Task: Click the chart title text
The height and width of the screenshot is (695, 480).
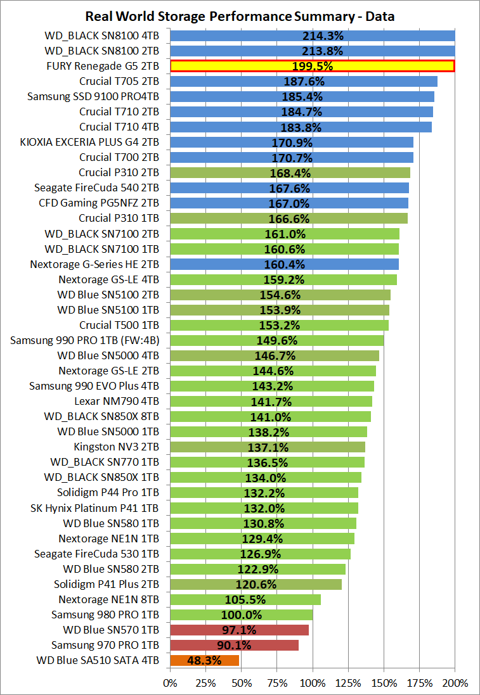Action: [x=240, y=16]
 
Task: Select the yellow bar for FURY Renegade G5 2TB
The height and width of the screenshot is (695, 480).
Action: [x=312, y=66]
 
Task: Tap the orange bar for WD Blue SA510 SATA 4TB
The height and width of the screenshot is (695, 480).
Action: [x=205, y=661]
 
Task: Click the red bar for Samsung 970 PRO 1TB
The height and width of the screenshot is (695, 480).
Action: [x=234, y=646]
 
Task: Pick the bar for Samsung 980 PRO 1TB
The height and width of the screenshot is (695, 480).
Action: [x=242, y=615]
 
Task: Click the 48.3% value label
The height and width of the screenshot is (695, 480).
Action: [x=205, y=661]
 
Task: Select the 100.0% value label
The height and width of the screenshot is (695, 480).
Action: [x=242, y=615]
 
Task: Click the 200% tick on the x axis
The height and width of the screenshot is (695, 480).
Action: [x=455, y=683]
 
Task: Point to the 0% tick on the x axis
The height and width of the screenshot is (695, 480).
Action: [x=171, y=683]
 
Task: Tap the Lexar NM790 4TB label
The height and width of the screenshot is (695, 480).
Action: [x=117, y=401]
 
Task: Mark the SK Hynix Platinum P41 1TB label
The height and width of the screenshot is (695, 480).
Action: [x=94, y=508]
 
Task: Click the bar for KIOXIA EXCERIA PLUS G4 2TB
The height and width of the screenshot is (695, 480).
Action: [x=292, y=142]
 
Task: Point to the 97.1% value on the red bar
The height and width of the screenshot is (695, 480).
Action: [x=238, y=630]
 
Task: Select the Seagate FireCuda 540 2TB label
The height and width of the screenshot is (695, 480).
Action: [x=96, y=188]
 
